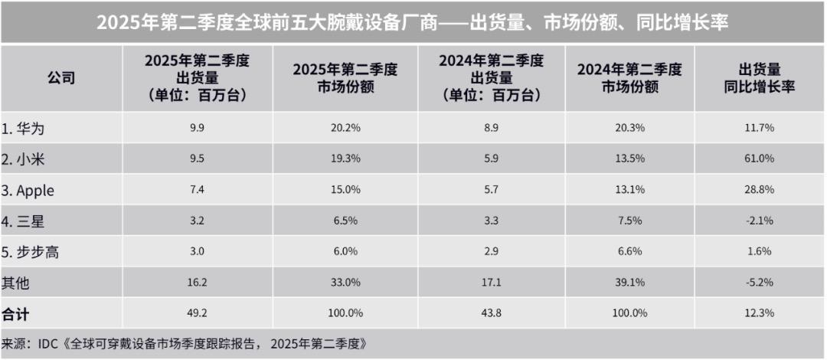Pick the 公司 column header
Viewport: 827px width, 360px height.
pyautogui.click(x=61, y=78)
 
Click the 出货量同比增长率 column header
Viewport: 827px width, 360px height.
pyautogui.click(x=760, y=78)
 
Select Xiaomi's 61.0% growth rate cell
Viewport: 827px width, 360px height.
pyautogui.click(x=760, y=159)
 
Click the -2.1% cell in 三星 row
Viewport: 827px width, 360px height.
pyautogui.click(x=760, y=221)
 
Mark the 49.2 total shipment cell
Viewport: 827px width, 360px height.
pyautogui.click(x=197, y=314)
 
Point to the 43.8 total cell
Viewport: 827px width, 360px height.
pyautogui.click(x=491, y=314)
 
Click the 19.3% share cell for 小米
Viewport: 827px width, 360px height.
pyautogui.click(x=345, y=159)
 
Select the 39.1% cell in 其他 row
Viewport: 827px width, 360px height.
pyautogui.click(x=629, y=283)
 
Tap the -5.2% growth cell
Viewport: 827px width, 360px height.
pyautogui.click(x=760, y=283)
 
